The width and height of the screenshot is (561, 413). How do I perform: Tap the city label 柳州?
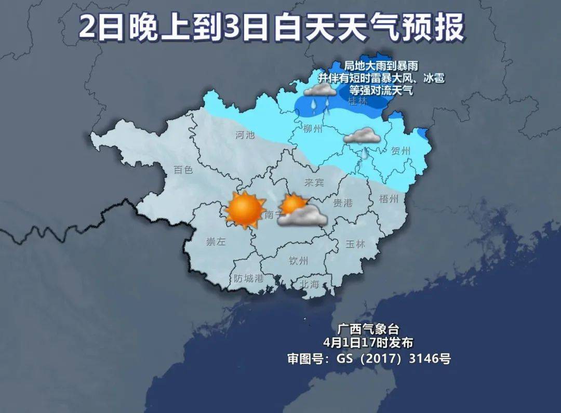tap(313, 129)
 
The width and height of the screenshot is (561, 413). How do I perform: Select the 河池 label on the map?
tap(245, 135)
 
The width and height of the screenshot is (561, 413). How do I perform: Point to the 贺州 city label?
tap(400, 151)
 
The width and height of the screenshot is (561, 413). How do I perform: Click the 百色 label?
tap(183, 170)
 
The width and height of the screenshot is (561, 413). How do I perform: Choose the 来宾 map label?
tap(314, 182)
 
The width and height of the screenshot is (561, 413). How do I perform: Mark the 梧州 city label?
tap(389, 199)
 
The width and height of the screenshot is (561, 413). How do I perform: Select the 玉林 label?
tap(355, 244)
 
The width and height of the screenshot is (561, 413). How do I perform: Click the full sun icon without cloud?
tap(245, 209)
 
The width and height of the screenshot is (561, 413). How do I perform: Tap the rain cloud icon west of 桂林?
tap(319, 94)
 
